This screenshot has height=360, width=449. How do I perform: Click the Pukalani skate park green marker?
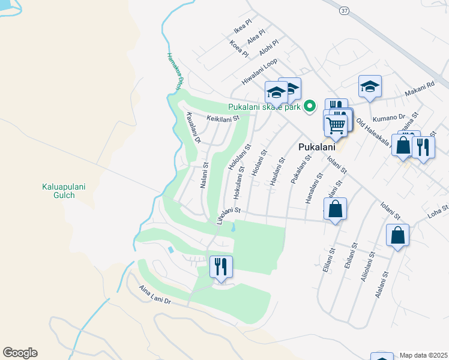pos(310,107)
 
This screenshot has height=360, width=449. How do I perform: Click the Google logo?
pos(20,353)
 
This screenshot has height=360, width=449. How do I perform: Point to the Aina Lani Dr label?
pos(155,296)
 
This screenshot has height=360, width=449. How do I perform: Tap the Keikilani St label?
pos(223,119)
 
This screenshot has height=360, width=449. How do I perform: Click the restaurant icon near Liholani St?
pos(221,266)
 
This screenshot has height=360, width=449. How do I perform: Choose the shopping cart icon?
pos(336,125)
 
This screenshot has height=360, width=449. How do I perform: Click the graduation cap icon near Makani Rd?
pos(370,87)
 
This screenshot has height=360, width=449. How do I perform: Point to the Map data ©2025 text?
pos(423,355)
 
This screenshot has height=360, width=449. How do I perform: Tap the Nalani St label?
pos(204,175)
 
